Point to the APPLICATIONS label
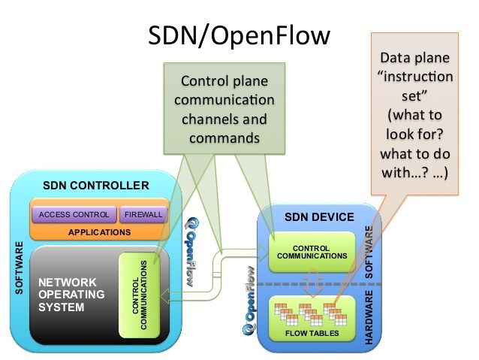pos(100,232)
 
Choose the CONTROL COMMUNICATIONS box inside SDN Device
pos(311,251)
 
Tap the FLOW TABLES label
pos(311,333)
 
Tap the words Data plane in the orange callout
pos(416,58)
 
